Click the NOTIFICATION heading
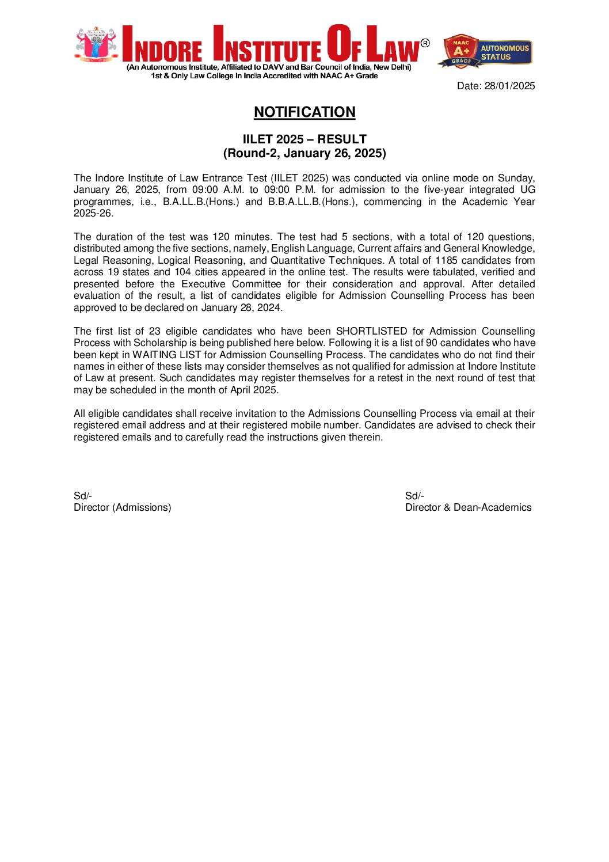pyautogui.click(x=304, y=112)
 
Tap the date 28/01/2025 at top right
pyautogui.click(x=509, y=86)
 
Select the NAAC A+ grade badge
pyautogui.click(x=460, y=51)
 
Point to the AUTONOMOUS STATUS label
pyautogui.click(x=505, y=52)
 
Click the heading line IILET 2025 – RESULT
pyautogui.click(x=304, y=139)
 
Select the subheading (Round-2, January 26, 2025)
pyautogui.click(x=304, y=153)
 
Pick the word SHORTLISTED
pyautogui.click(x=371, y=331)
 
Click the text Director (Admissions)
pyautogui.click(x=123, y=507)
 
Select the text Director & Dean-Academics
pyautogui.click(x=468, y=507)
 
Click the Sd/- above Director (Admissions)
pyautogui.click(x=83, y=496)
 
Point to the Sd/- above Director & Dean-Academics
pyautogui.click(x=414, y=496)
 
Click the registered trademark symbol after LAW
pyautogui.click(x=425, y=43)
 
